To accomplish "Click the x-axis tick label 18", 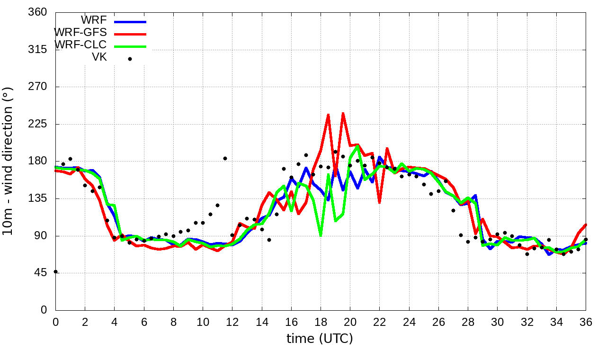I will click(x=321, y=321).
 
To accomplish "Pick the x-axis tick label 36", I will click(x=586, y=321).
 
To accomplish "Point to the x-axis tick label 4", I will click(x=114, y=321).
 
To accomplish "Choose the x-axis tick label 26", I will click(x=438, y=321).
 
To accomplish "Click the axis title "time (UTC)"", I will click(x=320, y=339).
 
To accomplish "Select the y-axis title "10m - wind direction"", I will click(x=8, y=161).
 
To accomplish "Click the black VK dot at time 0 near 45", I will click(x=56, y=271).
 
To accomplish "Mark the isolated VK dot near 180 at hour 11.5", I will click(x=225, y=158).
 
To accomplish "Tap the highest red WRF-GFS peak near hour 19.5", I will click(x=343, y=113).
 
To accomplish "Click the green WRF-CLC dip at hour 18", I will click(x=321, y=235).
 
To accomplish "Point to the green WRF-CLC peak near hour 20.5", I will click(x=357, y=145).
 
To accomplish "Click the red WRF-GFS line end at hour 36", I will click(x=586, y=225).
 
